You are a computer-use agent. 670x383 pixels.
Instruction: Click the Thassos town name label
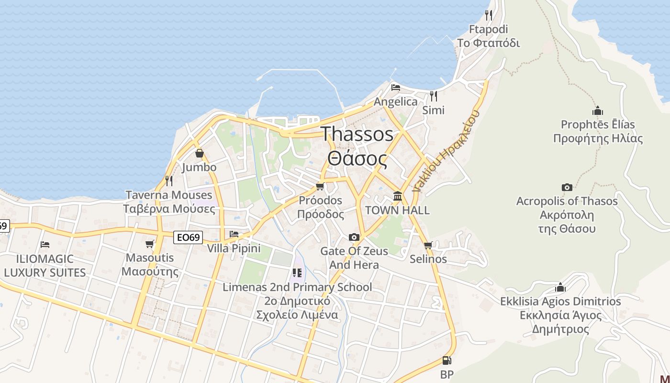(357, 135)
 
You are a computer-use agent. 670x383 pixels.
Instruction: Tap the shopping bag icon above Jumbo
(199, 154)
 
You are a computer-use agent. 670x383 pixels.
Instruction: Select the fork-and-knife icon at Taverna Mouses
(168, 181)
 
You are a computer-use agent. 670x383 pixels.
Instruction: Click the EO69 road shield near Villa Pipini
(188, 237)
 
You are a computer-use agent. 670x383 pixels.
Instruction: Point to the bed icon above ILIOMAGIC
(45, 245)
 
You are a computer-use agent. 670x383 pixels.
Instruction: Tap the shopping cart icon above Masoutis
(150, 244)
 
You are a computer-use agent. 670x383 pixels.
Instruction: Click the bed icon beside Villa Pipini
(234, 234)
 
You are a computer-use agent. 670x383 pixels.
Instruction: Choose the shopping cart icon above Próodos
(320, 186)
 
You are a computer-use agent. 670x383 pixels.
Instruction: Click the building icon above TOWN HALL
(397, 196)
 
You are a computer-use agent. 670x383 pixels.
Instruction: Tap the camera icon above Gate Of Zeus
(354, 237)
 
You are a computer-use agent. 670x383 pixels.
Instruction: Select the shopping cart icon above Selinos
(428, 246)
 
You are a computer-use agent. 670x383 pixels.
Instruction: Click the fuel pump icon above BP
(447, 360)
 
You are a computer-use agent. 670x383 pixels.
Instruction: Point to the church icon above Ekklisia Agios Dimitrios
(560, 287)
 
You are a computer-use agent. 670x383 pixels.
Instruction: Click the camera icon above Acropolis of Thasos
(567, 187)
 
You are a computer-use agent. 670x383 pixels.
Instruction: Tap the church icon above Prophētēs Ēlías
(597, 111)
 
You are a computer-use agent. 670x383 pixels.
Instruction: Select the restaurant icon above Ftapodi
(488, 15)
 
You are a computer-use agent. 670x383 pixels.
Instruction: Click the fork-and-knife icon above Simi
(433, 96)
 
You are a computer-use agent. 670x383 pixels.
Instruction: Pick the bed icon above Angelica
(395, 88)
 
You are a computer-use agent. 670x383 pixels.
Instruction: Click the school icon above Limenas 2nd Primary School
(297, 273)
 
